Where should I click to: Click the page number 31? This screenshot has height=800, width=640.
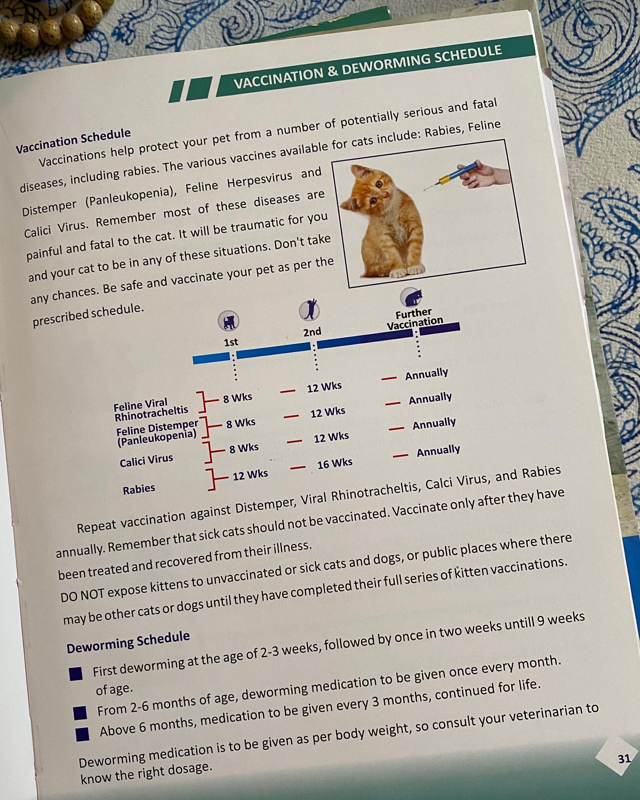624,758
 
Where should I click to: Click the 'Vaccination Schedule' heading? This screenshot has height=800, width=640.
73,141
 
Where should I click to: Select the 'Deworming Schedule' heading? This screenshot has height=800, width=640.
128,642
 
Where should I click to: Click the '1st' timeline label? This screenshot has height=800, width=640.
231,342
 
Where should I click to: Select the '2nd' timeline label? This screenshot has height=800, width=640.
312,332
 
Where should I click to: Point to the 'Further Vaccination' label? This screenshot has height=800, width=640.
414,319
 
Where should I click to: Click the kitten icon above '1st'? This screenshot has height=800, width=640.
228,321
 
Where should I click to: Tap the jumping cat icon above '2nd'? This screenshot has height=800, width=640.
309,310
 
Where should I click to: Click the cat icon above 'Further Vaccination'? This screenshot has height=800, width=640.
411,296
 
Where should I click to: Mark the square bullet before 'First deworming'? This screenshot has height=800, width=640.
76,674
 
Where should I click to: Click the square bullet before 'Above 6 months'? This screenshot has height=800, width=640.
83,734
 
